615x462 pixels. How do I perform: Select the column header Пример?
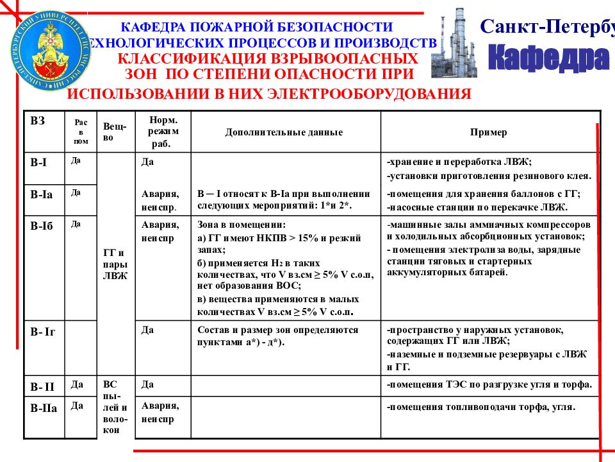pyautogui.click(x=488, y=133)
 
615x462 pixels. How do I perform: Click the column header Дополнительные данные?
pyautogui.click(x=284, y=133)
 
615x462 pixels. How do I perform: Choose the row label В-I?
pyautogui.click(x=39, y=162)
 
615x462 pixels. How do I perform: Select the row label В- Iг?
pyautogui.click(x=43, y=332)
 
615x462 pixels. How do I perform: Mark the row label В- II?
pyautogui.click(x=43, y=386)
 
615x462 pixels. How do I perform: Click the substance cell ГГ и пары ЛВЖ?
pyautogui.click(x=115, y=264)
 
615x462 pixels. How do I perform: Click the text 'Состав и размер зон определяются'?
pyautogui.click(x=277, y=330)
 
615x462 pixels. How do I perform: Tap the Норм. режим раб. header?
pyautogui.click(x=159, y=132)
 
